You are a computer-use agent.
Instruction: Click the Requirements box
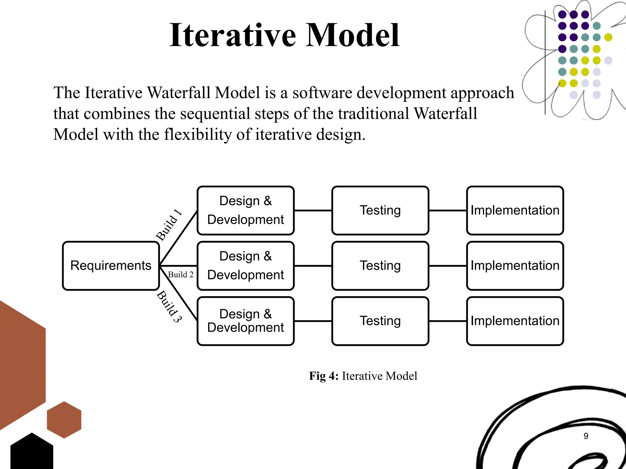coord(111,266)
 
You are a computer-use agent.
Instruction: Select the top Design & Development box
coord(245,210)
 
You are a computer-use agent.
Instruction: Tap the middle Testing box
coord(380,266)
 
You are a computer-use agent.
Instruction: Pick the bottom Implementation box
coord(515,321)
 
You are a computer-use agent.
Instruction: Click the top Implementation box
coord(515,210)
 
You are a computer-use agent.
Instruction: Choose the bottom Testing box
coord(380,321)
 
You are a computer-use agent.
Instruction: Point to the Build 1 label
coord(169,225)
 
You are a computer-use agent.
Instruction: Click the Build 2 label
coord(181,274)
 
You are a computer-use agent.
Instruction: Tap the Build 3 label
coord(169,306)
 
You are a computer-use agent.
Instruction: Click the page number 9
coord(586,436)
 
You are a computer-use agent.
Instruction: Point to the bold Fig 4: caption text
coord(324,376)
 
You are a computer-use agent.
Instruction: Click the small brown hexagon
coord(64,420)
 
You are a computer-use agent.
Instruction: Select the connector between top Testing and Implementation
coord(447,210)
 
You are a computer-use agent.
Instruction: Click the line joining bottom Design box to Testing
coord(313,321)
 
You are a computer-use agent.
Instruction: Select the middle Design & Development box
coord(245,266)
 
